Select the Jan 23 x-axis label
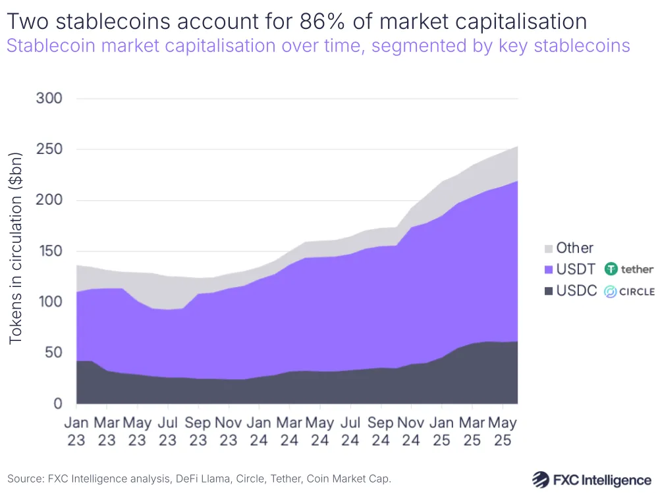76,430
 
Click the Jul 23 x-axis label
167,430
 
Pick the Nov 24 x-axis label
411,430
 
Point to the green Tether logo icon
611,269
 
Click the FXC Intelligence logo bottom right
591,479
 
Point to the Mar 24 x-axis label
289,430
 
